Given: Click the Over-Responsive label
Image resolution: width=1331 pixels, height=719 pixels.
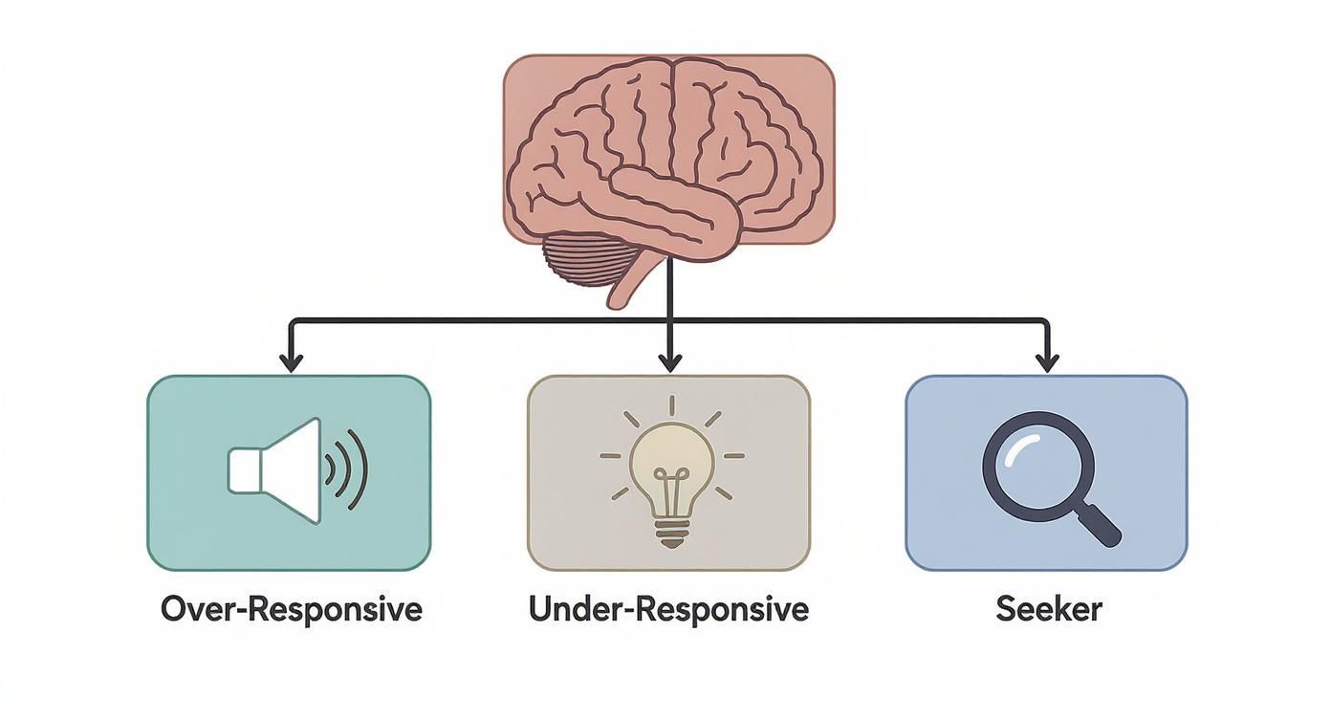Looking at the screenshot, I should [x=292, y=609].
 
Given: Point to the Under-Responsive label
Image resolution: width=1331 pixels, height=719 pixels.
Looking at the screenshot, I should [x=669, y=609].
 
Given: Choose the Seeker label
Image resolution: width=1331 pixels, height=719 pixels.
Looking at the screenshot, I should [x=1048, y=609].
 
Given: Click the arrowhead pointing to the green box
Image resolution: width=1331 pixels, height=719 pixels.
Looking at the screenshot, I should [x=291, y=362].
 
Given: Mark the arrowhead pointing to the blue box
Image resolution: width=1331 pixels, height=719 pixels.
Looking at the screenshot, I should [x=1048, y=362].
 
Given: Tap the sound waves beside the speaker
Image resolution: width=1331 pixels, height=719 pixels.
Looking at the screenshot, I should [x=350, y=469].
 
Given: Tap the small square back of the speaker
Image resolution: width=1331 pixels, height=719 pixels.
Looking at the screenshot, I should [x=245, y=471].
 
